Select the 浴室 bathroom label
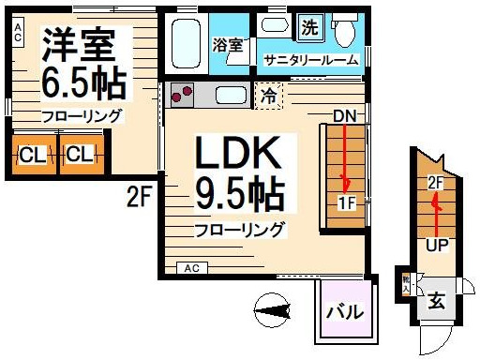click(227, 45)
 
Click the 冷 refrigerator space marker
click(270, 95)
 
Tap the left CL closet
click(32, 153)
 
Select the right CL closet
click(80, 153)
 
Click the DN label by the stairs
click(344, 115)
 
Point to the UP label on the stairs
click(436, 246)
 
